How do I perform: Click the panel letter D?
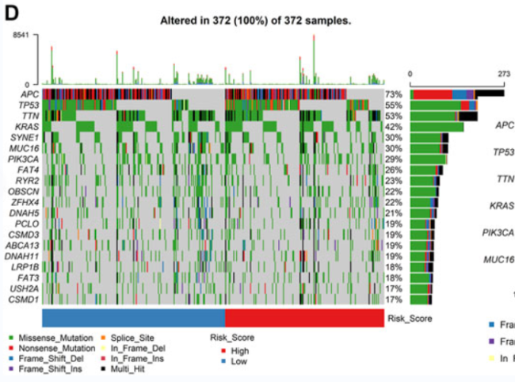[x=12, y=12]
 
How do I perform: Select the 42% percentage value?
[x=394, y=126]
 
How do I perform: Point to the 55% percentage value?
[x=394, y=105]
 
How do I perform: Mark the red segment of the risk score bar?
[x=305, y=317]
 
